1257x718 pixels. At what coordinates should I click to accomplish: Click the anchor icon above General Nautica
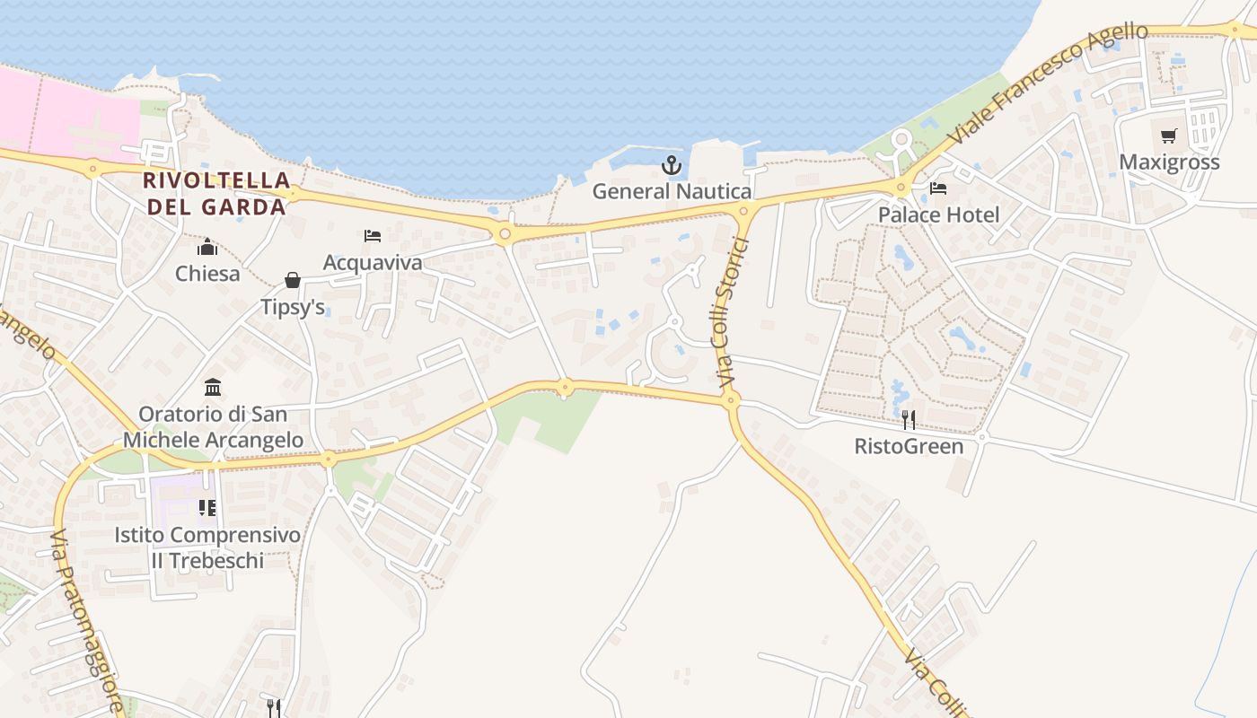tap(671, 165)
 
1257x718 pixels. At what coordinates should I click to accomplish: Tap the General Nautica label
tap(672, 191)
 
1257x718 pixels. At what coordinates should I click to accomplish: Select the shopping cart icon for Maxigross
tap(1168, 136)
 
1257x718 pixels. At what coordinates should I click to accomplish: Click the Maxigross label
tap(1169, 162)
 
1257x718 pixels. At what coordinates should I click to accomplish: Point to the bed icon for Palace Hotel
tap(938, 188)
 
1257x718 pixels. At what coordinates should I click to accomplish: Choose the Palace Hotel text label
tap(938, 215)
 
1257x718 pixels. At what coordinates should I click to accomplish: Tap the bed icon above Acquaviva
tap(373, 236)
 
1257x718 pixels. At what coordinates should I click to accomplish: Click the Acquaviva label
tap(373, 262)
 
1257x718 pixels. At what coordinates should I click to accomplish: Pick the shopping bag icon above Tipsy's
tap(293, 281)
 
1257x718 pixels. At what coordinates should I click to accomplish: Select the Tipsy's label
tap(293, 307)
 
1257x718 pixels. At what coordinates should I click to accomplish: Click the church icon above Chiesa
tap(207, 247)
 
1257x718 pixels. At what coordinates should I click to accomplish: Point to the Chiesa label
tap(207, 273)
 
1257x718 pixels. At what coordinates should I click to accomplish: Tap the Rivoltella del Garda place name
tap(216, 193)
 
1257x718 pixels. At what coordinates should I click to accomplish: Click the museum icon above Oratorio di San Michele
tap(213, 388)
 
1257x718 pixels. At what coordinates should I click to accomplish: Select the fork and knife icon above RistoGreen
tap(909, 420)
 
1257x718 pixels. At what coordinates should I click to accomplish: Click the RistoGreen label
tap(909, 446)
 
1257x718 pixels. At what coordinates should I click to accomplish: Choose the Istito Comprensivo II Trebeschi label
tap(207, 547)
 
